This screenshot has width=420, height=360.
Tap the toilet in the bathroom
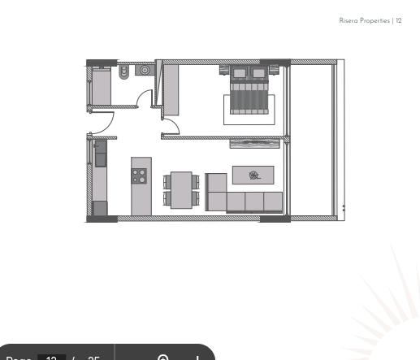(125, 72)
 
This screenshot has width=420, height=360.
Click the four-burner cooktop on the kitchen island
(140, 174)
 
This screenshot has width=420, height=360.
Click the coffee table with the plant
(253, 174)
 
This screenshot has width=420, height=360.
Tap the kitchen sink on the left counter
(100, 152)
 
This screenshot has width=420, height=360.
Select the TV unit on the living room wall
(256, 143)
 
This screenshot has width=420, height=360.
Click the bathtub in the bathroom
(102, 87)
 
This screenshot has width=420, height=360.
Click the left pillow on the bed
(240, 73)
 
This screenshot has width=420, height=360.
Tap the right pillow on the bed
(259, 73)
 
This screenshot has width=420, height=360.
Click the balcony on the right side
(311, 138)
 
